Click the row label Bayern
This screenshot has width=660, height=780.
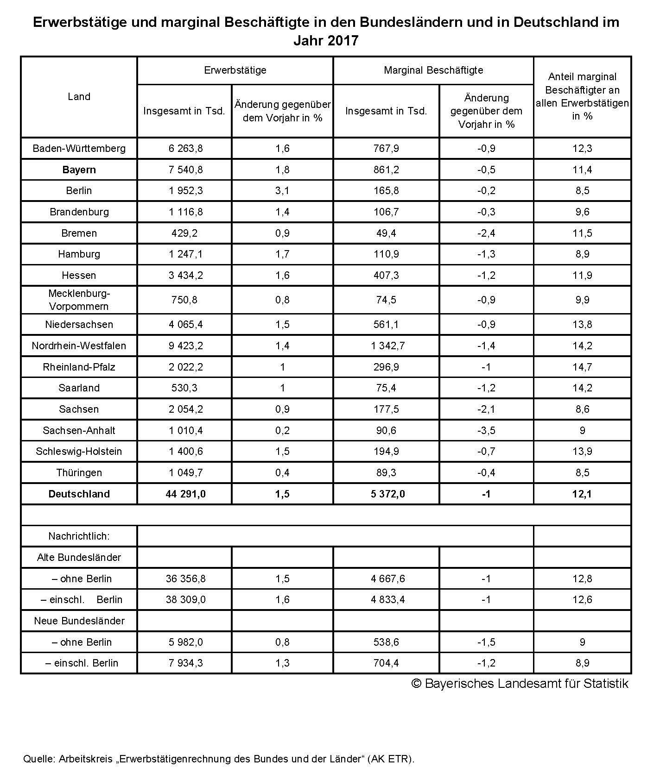click(x=79, y=170)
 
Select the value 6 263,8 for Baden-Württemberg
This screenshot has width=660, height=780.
click(x=184, y=148)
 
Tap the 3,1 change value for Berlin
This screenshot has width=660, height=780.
click(x=282, y=190)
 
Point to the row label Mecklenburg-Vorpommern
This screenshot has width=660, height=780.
click(x=79, y=300)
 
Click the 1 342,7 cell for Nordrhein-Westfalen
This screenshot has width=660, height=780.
click(x=386, y=346)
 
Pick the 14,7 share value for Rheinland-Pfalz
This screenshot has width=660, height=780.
click(x=582, y=367)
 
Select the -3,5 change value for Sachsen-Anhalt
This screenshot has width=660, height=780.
click(x=486, y=430)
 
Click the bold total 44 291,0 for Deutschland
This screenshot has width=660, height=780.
click(x=185, y=494)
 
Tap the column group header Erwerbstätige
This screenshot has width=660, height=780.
click(x=235, y=70)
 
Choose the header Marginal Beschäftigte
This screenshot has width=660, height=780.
click(x=433, y=70)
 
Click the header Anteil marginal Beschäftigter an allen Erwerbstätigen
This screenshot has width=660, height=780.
click(x=582, y=96)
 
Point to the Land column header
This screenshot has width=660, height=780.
click(x=79, y=96)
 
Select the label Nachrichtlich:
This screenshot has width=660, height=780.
click(x=79, y=536)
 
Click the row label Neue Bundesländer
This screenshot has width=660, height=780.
click(x=79, y=621)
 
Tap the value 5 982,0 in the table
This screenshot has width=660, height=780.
click(x=184, y=642)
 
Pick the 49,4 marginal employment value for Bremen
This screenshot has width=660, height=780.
click(x=386, y=233)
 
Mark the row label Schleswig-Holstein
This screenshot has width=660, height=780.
click(x=79, y=451)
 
